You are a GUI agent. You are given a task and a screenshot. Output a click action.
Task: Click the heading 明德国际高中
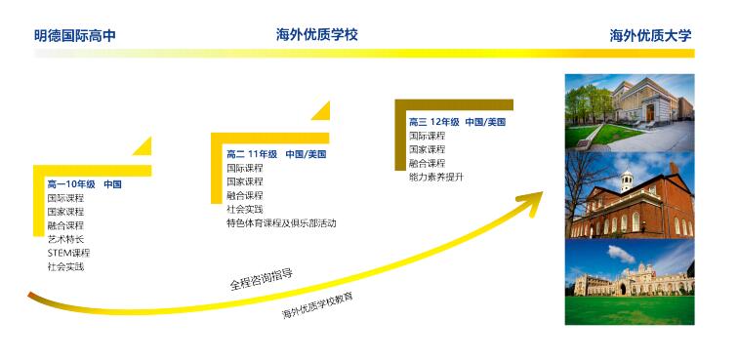[75, 36]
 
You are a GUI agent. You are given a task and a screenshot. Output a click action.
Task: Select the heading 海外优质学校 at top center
[317, 35]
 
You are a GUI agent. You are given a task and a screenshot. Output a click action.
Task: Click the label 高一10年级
[71, 183]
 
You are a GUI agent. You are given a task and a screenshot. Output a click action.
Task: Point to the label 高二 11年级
[252, 154]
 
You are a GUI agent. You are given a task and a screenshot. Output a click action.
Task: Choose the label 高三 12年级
[434, 122]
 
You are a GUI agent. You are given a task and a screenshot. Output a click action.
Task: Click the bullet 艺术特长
[65, 239]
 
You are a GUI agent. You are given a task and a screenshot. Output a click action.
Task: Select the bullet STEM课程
[68, 253]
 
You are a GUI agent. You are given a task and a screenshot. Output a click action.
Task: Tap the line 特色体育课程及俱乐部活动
[281, 222]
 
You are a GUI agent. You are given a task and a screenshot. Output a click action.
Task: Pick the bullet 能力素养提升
[436, 177]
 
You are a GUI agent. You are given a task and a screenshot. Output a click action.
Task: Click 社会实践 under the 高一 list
[65, 266]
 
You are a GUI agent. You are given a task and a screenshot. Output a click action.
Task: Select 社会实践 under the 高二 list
[245, 209]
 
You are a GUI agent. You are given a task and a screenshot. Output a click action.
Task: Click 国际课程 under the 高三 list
[427, 136]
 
